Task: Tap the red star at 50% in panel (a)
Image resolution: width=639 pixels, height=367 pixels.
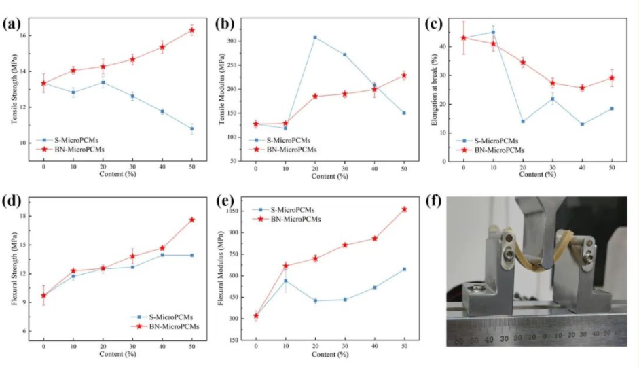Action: (x=192, y=30)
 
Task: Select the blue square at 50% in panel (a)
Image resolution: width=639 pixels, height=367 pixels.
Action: (x=192, y=128)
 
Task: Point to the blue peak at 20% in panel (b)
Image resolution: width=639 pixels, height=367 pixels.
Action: (x=315, y=37)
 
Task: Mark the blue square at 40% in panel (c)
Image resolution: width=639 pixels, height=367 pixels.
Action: (x=583, y=124)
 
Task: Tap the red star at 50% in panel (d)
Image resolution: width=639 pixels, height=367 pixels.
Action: (x=192, y=220)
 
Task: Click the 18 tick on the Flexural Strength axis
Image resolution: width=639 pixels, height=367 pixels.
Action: (x=24, y=217)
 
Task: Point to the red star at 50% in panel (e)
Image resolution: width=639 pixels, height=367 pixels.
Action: (x=404, y=209)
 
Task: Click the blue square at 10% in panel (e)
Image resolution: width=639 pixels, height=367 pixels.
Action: (x=286, y=281)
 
